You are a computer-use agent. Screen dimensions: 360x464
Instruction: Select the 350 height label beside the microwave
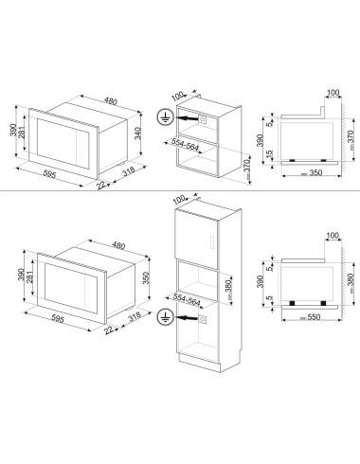(x=146, y=278)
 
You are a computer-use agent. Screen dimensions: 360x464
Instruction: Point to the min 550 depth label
(x=311, y=317)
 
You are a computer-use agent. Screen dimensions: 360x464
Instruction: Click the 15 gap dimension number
(x=269, y=153)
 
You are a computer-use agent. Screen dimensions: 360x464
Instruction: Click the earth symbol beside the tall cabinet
(x=164, y=318)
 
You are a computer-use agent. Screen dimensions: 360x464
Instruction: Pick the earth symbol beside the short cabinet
(x=164, y=118)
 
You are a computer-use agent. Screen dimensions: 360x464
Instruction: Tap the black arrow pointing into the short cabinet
(x=185, y=118)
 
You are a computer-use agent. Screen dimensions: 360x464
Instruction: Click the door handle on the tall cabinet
(x=212, y=243)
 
